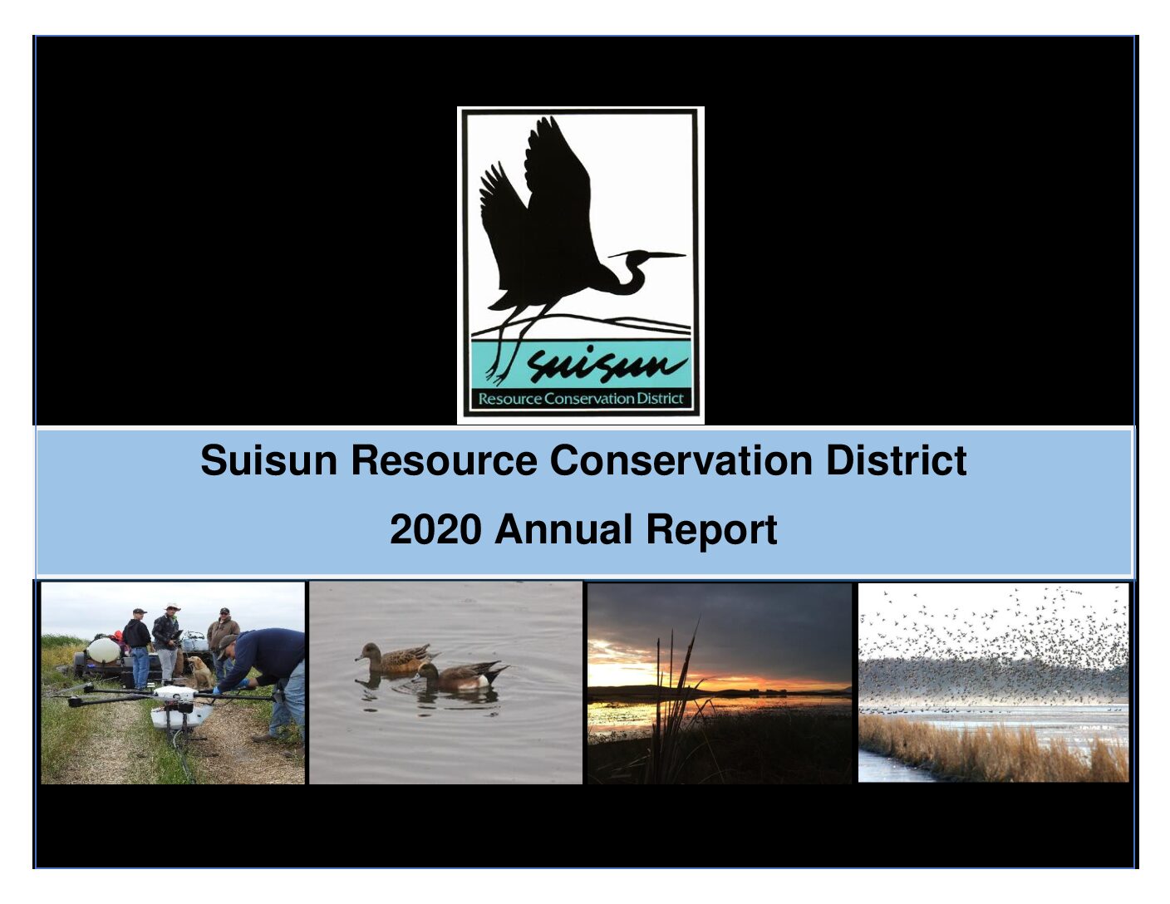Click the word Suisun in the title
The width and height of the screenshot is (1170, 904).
[x=268, y=460]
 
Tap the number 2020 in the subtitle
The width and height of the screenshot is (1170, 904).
[x=435, y=529]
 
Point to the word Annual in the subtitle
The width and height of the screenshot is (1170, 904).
[x=563, y=529]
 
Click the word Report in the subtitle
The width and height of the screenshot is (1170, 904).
[x=711, y=532]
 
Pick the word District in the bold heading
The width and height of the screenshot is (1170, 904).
[x=896, y=460]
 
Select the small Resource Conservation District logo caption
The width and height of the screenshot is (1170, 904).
[x=580, y=399]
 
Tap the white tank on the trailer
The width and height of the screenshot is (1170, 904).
[x=103, y=651]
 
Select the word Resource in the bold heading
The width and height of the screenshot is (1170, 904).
[x=444, y=460]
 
